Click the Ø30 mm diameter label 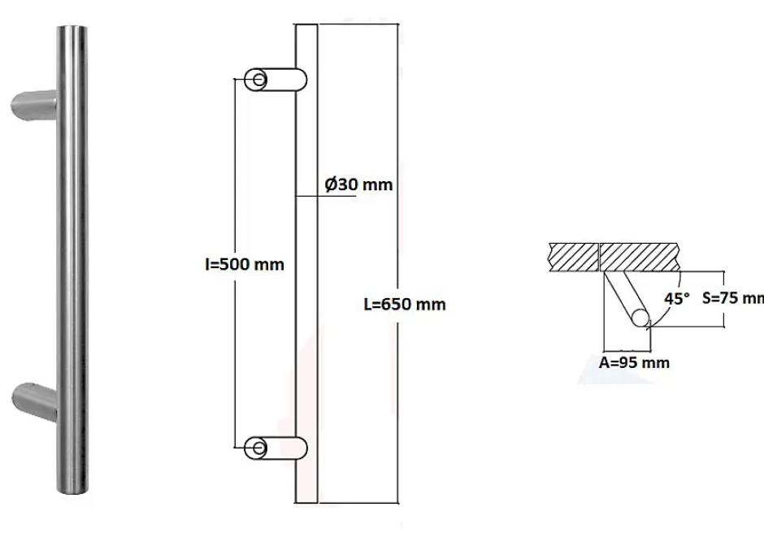pyautogui.click(x=358, y=184)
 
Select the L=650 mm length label pyautogui.click(x=404, y=305)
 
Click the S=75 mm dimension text pyautogui.click(x=732, y=297)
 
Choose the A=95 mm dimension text pyautogui.click(x=634, y=362)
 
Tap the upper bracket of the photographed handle pyautogui.click(x=34, y=106)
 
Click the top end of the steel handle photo pyautogui.click(x=72, y=32)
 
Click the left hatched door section pyautogui.click(x=572, y=257)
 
